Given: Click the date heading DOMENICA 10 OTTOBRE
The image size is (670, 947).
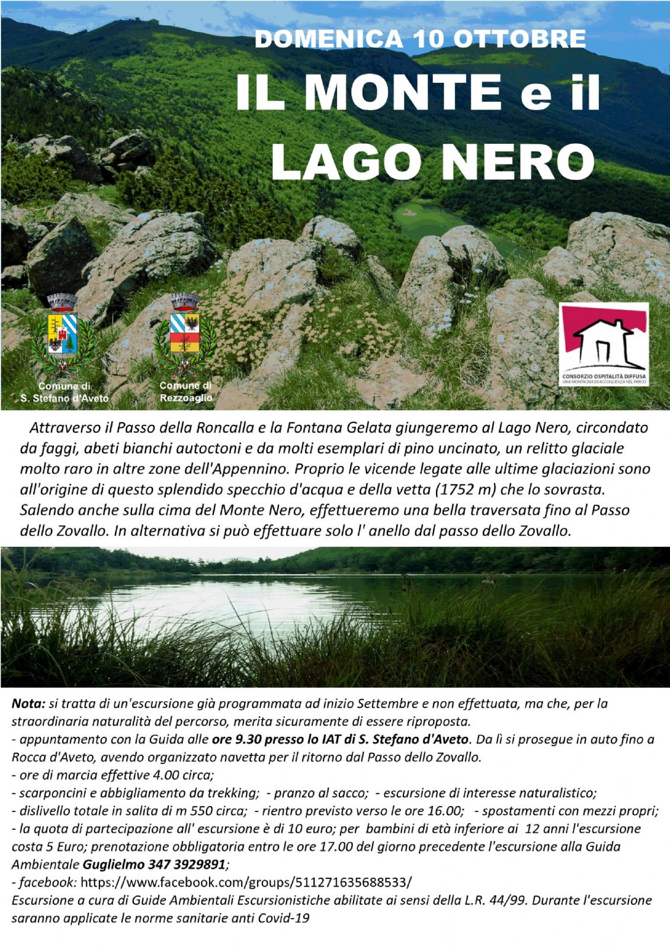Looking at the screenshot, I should pyautogui.click(x=420, y=40).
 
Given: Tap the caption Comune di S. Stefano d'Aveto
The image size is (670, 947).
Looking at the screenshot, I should pyautogui.click(x=65, y=393).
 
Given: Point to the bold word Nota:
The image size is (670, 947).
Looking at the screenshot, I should pyautogui.click(x=28, y=704).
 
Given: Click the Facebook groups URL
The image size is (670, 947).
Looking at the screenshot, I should pyautogui.click(x=246, y=882).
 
